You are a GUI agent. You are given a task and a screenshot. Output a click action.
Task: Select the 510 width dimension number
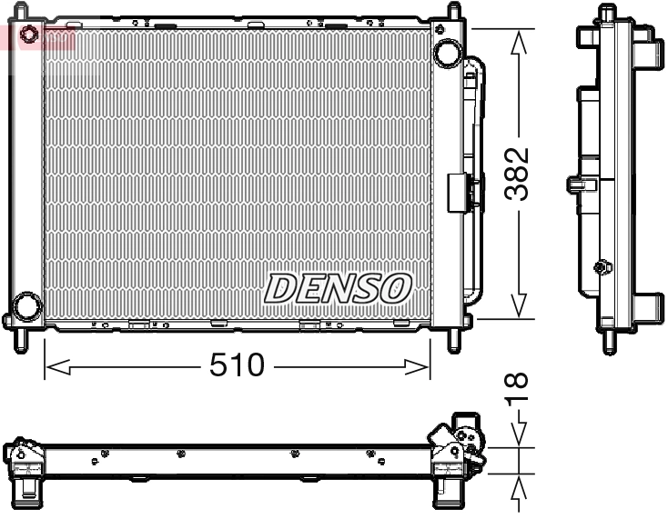click(x=237, y=365)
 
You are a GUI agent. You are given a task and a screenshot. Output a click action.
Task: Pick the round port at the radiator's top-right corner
click(x=447, y=53)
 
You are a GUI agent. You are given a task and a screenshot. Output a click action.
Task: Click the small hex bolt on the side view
click(x=601, y=267)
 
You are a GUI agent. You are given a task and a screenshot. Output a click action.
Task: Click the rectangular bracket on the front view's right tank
click(x=457, y=193)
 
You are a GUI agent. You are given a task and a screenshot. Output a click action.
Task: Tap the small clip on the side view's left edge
click(x=576, y=185)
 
